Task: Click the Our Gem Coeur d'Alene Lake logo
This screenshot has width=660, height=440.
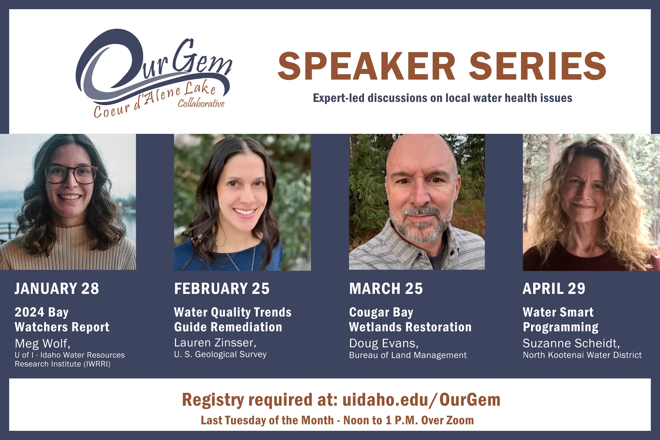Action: point(154,73)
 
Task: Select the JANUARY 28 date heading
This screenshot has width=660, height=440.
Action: point(57,288)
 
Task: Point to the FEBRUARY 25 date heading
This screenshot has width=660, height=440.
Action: point(222,288)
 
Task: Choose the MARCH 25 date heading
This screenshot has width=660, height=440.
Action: point(386,288)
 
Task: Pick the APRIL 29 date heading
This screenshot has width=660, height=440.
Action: point(554,288)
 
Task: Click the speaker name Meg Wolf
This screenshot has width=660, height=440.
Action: point(42,344)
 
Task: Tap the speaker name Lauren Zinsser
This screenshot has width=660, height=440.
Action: point(215,343)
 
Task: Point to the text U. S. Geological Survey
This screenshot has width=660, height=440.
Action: point(220,354)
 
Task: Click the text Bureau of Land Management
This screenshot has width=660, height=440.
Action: point(408,355)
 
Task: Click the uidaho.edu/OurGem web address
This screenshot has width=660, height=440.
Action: point(421,400)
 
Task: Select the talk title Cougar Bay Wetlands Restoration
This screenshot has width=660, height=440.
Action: point(410,320)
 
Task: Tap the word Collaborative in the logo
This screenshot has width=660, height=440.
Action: point(201,104)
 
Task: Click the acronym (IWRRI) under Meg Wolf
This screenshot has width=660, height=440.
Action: point(97,364)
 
